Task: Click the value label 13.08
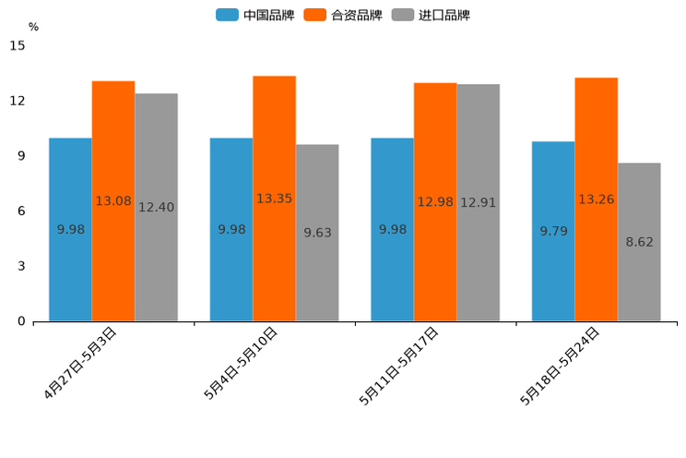(x=113, y=200)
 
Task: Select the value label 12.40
(x=156, y=207)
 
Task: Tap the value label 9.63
(x=317, y=233)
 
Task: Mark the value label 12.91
(x=479, y=202)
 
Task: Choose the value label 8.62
(x=639, y=242)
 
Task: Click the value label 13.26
(x=596, y=199)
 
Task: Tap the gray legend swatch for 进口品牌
(x=402, y=15)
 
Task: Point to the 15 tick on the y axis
(x=18, y=45)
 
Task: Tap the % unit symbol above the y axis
(x=33, y=27)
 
